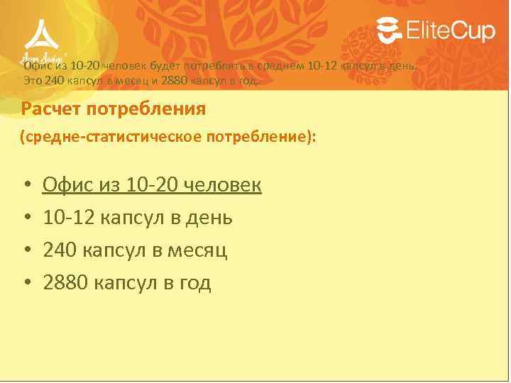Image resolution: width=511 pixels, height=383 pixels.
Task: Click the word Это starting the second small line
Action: click(33, 80)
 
